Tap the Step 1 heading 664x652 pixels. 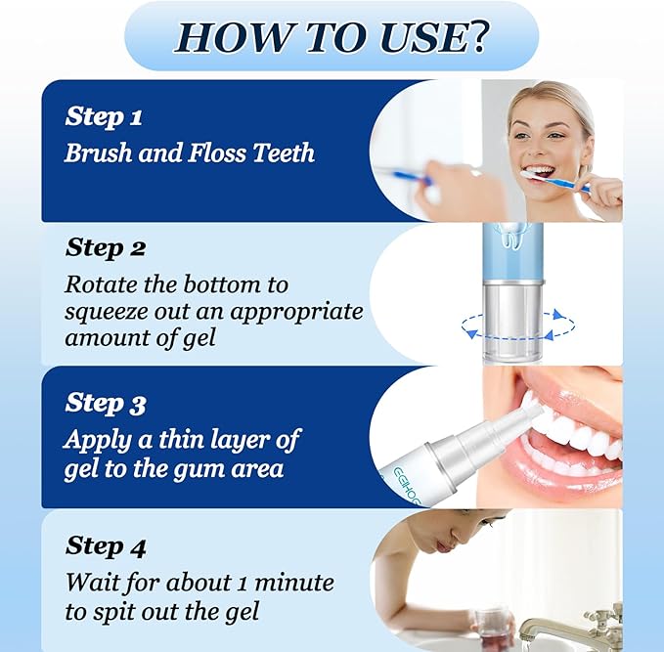coord(104,117)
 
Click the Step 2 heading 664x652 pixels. coord(106,248)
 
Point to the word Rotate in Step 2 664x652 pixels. coord(100,284)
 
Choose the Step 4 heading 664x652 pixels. coord(106,545)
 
